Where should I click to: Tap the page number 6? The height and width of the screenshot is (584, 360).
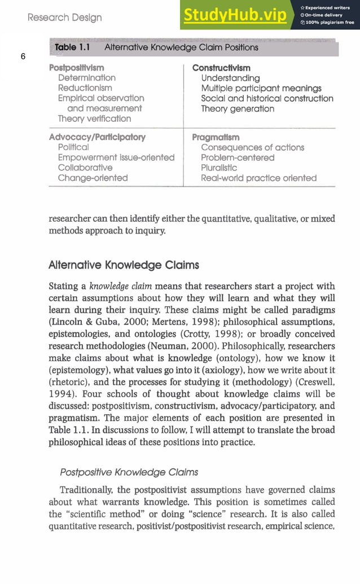click(x=22, y=56)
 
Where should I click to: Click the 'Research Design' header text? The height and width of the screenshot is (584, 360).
click(x=65, y=17)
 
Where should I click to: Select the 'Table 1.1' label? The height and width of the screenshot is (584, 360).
click(x=73, y=47)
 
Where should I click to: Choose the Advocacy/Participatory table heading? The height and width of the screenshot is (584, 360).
click(x=97, y=137)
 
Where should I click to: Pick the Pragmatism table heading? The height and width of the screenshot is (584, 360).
click(x=216, y=137)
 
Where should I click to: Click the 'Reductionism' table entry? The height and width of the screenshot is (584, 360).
click(x=85, y=88)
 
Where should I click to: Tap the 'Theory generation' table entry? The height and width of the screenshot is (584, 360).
click(x=238, y=108)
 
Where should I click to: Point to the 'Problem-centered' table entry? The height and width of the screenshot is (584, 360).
click(x=238, y=157)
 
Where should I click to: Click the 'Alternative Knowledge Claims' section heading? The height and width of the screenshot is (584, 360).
click(x=124, y=265)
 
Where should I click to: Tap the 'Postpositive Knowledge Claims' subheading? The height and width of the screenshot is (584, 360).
click(x=129, y=472)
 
